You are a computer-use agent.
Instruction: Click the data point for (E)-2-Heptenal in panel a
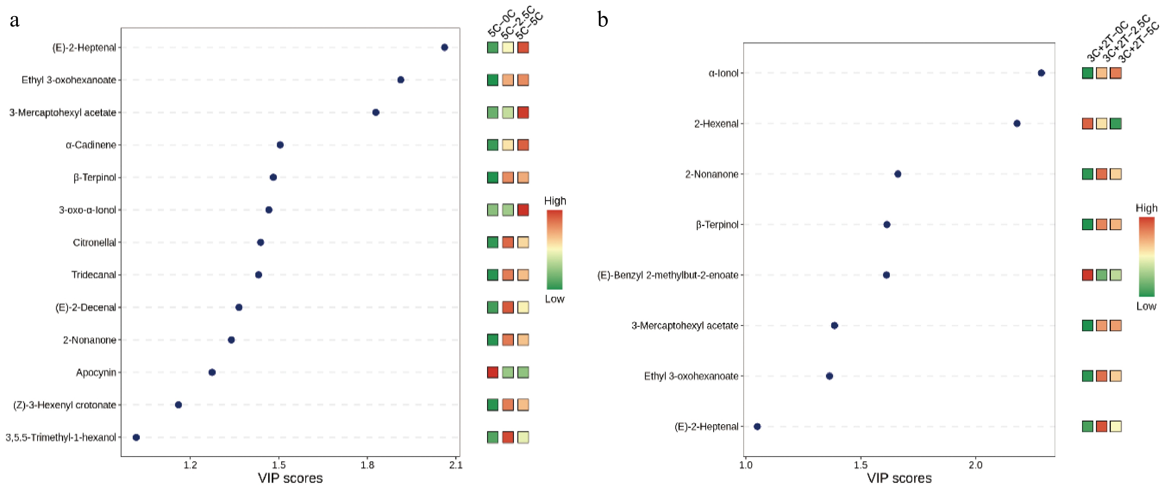(x=445, y=47)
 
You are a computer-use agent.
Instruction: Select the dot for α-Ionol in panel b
(x=1041, y=73)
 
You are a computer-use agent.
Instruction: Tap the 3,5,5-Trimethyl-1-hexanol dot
(x=136, y=437)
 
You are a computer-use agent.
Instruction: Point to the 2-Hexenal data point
(x=1017, y=123)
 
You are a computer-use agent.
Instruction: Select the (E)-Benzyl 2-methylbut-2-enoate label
(x=668, y=275)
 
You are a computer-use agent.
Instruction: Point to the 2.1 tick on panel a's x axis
(x=456, y=465)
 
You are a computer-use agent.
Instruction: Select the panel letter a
(x=14, y=20)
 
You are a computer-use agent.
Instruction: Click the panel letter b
(x=603, y=20)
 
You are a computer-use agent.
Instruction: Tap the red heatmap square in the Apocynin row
(x=493, y=372)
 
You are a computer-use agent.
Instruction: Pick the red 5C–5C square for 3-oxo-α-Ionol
(x=523, y=210)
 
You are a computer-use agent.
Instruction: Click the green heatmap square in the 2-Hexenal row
(x=1115, y=123)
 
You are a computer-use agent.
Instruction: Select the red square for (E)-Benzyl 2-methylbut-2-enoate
(x=1088, y=275)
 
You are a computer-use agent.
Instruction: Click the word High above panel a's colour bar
(x=555, y=201)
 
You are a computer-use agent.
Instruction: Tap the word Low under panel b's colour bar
(x=1146, y=307)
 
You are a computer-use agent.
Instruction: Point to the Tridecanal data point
(x=258, y=275)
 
